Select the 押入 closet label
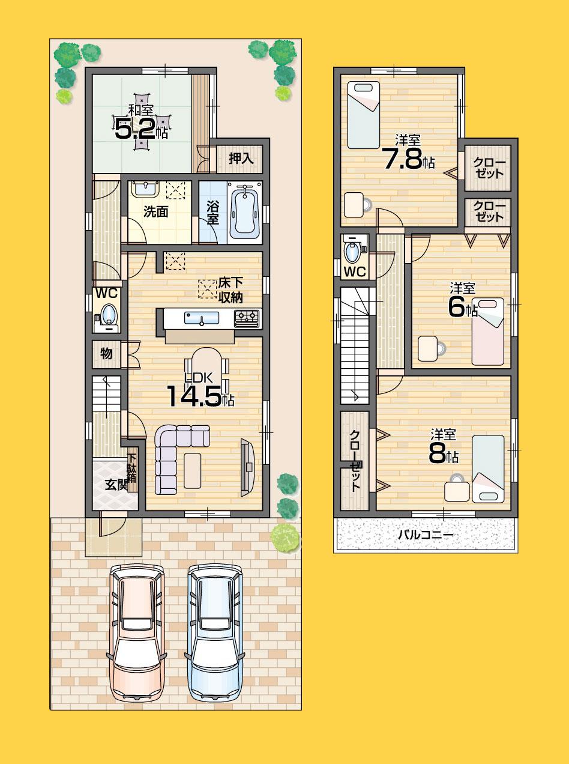tap(242, 159)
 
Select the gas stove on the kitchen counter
tap(248, 316)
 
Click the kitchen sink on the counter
tap(202, 318)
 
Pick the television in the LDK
tap(247, 468)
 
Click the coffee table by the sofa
tap(193, 471)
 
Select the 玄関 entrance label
tap(117, 485)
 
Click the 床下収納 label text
tap(230, 290)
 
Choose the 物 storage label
tap(106, 354)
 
